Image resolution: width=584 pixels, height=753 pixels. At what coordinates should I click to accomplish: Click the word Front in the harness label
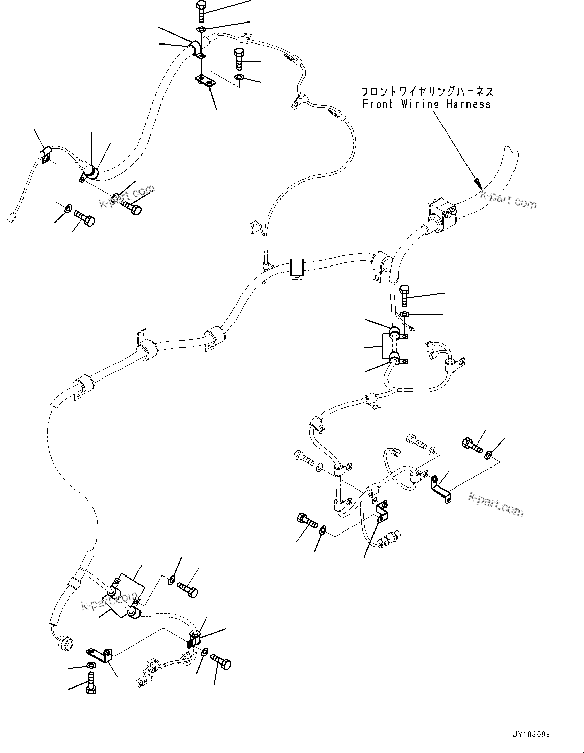tap(378, 104)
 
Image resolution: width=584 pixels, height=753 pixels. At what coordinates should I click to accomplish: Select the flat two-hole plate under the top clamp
tap(206, 81)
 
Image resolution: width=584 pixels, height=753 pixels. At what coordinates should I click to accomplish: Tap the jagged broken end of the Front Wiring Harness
tap(510, 151)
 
